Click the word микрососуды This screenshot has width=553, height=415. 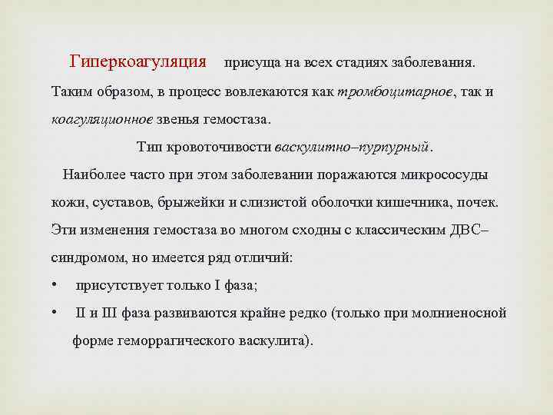point(442,174)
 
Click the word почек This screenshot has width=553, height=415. point(478,202)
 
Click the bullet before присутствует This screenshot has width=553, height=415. point(55,285)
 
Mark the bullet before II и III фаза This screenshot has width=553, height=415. point(55,313)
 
